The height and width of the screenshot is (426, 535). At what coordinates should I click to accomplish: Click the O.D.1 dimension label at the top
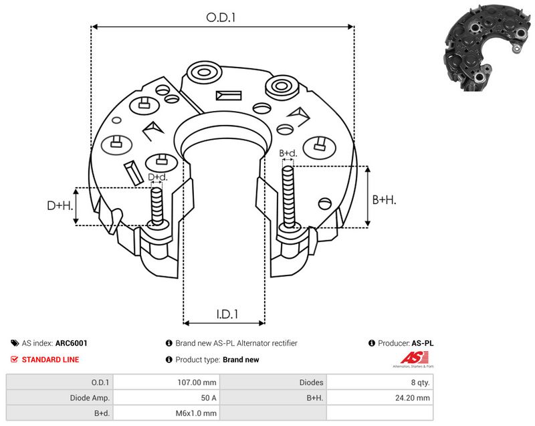[221, 17]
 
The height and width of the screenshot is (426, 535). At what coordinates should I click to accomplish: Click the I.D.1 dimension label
[227, 314]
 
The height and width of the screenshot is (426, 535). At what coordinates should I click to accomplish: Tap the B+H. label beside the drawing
[384, 199]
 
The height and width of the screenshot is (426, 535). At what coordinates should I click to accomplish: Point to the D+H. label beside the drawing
[60, 205]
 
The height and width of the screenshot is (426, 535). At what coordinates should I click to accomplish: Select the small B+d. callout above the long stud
[288, 153]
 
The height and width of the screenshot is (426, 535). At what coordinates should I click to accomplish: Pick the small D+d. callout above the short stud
[158, 177]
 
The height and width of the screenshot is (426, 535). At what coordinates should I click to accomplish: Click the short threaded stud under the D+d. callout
[157, 207]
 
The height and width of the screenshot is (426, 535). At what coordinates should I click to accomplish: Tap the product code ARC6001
[72, 343]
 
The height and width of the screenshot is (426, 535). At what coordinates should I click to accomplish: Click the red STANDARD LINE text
[51, 360]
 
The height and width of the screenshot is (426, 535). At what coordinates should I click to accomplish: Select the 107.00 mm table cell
[197, 383]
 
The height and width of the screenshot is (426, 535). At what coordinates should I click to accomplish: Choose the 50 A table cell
[209, 398]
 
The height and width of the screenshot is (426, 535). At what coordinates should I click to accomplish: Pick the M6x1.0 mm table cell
[196, 413]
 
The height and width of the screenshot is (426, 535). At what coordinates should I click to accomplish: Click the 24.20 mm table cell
[413, 398]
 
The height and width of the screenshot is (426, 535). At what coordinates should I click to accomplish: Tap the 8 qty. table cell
[421, 383]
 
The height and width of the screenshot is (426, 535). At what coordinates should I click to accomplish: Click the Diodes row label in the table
[311, 383]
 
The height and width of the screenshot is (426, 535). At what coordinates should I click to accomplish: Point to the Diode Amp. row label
[90, 398]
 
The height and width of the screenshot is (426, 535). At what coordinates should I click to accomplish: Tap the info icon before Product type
[169, 360]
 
